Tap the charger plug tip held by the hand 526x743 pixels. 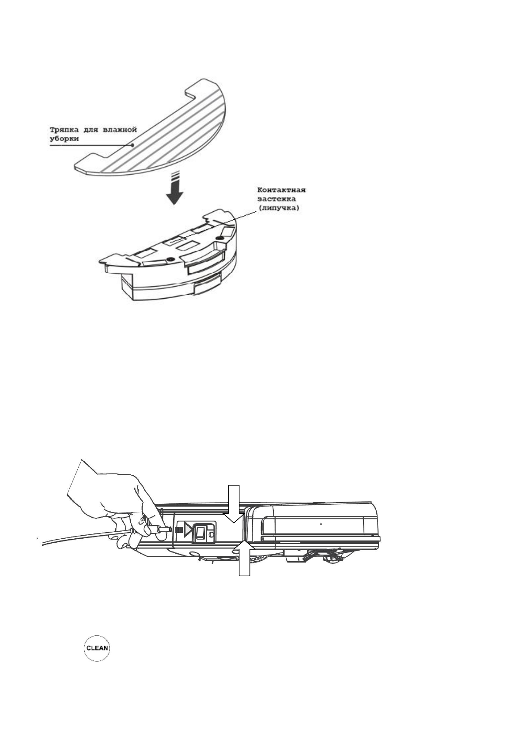pyautogui.click(x=164, y=529)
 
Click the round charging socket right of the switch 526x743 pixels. pyautogui.click(x=211, y=535)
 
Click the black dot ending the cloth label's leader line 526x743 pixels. pyautogui.click(x=132, y=144)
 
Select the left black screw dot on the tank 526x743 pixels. pyautogui.click(x=170, y=259)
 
